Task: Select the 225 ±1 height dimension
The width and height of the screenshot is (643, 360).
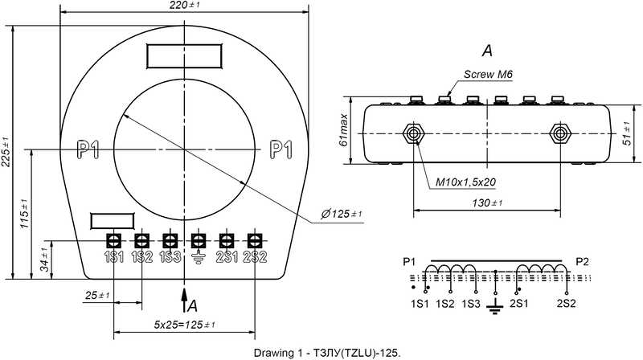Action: click(7, 152)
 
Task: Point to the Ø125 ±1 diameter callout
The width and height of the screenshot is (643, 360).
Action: click(342, 214)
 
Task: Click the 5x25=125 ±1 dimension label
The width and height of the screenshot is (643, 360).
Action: click(184, 324)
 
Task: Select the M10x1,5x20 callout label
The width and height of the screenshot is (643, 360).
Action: click(466, 182)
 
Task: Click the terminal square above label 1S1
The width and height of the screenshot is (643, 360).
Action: click(114, 240)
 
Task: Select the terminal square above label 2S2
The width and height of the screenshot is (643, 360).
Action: click(255, 240)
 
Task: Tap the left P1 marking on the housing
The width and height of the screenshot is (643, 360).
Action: click(88, 149)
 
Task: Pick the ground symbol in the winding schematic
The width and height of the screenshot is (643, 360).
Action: click(496, 306)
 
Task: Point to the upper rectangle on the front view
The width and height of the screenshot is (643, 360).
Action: click(184, 56)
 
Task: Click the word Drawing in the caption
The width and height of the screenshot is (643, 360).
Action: click(274, 353)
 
